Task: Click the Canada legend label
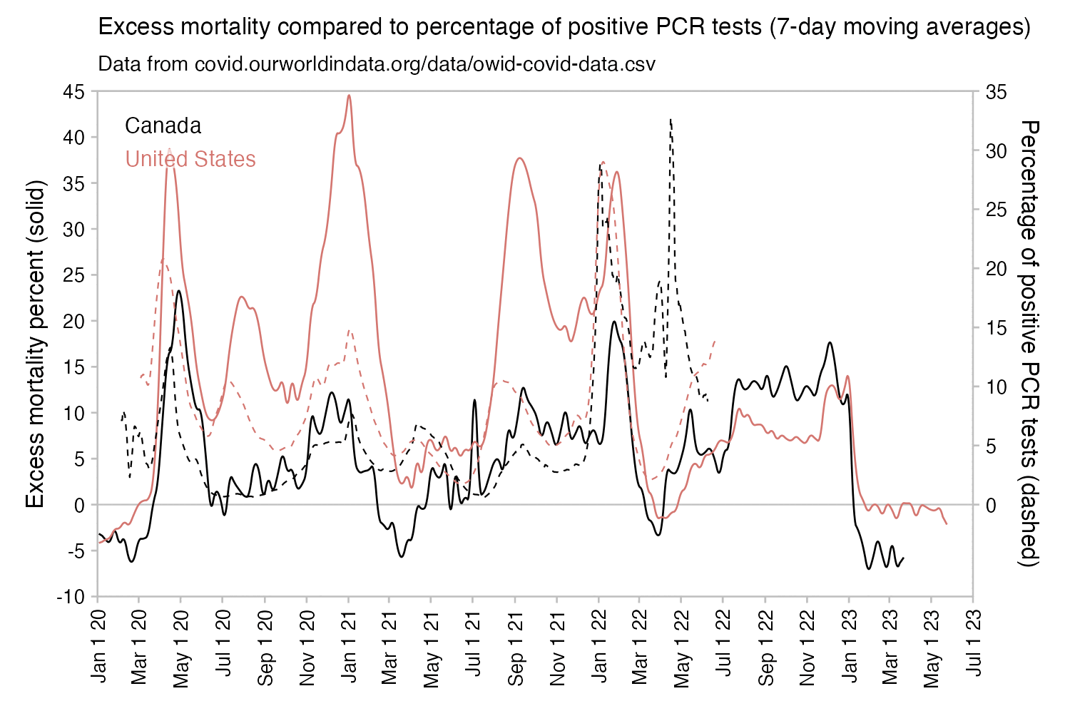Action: pos(163,126)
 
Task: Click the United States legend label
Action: pos(190,159)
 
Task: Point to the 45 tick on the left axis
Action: pos(73,91)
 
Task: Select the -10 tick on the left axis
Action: pos(71,597)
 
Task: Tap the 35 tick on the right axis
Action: pos(997,91)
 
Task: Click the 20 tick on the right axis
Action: pos(997,269)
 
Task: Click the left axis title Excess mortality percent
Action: pos(35,344)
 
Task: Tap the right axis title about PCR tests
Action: pos(1029,344)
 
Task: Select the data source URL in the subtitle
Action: pos(424,64)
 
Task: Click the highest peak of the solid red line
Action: pos(349,96)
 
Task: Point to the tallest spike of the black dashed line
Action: pos(671,120)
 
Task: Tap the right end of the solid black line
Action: pos(904,558)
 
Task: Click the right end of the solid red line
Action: pos(947,524)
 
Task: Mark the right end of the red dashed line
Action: pos(714,341)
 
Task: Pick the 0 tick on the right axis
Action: pos(992,505)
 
